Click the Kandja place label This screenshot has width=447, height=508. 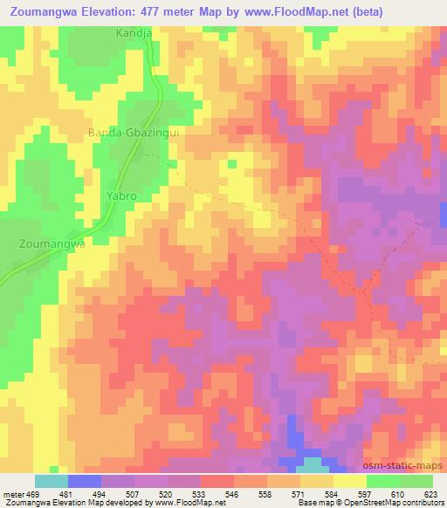133,33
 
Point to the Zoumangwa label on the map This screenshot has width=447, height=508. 52,244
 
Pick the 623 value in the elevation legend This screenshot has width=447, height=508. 430,493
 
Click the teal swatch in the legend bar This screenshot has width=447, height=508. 52,481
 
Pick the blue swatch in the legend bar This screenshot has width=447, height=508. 85,481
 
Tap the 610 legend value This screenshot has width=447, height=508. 395,493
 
